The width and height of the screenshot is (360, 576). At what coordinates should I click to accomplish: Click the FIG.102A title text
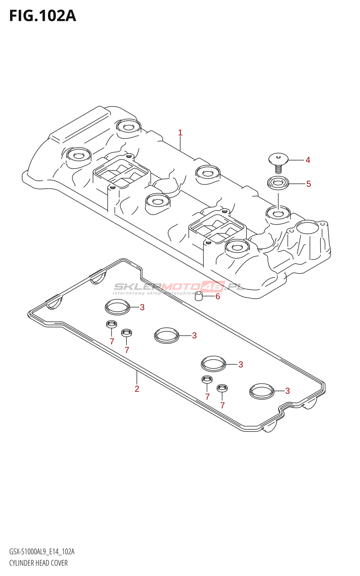42,16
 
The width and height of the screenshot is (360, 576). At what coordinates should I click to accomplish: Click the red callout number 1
180,132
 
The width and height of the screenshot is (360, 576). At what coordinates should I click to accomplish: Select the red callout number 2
137,389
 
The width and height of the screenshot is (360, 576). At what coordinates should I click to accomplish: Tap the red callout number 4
308,160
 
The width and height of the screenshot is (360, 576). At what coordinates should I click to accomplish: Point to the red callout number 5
309,184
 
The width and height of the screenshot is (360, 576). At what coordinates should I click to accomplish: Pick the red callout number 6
217,297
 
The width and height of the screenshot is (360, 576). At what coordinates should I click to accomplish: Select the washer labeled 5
278,183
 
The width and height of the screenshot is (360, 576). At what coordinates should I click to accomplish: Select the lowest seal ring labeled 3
262,391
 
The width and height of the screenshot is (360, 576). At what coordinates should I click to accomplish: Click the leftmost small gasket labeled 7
111,324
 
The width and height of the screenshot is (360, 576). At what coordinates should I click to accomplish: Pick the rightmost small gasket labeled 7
222,388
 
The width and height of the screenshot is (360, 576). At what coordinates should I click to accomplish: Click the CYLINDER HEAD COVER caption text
39,563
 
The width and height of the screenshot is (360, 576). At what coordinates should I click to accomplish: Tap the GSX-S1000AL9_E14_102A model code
42,552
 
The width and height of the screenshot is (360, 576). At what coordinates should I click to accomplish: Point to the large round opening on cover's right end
307,229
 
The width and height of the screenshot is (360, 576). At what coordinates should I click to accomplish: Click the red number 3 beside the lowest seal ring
287,391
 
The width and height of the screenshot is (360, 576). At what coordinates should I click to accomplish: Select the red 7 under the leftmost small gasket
112,341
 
